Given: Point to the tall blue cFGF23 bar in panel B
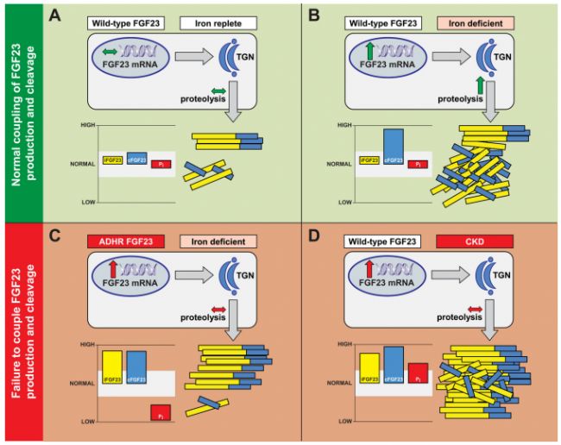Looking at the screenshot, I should point(393,149).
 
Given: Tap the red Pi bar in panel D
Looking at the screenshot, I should point(417,373).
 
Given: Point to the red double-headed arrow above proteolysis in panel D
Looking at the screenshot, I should point(473,308).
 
